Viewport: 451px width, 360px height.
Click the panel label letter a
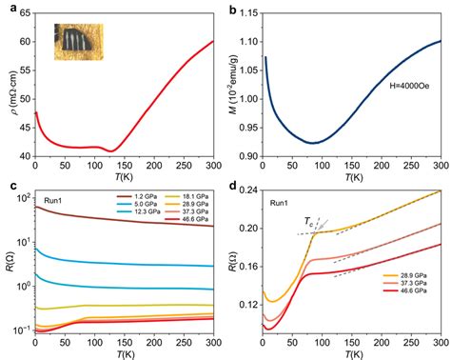[x=8, y=8]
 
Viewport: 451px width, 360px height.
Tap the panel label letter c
[x=8, y=186]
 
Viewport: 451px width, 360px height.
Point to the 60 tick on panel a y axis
[x=23, y=41]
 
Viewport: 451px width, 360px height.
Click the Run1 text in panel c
[x=54, y=202]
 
